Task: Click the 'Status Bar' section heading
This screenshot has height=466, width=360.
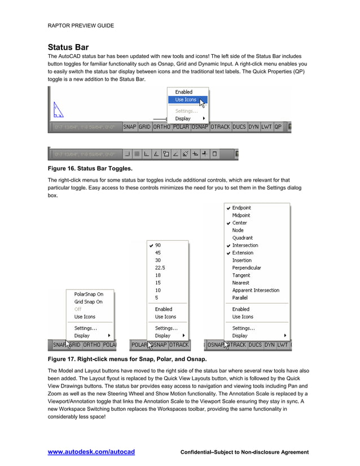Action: coord(68,47)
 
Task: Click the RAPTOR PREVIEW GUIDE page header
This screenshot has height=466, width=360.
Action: coord(81,25)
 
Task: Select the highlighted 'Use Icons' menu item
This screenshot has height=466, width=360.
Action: coord(186,100)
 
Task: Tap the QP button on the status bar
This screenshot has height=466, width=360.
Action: coord(278,127)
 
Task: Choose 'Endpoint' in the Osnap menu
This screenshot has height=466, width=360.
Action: coord(242,208)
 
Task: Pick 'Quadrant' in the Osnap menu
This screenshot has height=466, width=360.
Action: coord(243,238)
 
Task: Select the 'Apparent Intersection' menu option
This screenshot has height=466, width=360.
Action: coord(256,290)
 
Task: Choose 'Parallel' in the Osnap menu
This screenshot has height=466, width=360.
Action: coord(240,297)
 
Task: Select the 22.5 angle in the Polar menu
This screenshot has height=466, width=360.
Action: coord(160,267)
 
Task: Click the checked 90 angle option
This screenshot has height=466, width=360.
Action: coord(158,245)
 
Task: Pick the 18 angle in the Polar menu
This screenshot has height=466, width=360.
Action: coord(158,275)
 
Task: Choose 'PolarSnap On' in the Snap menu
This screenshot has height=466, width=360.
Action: coord(89,294)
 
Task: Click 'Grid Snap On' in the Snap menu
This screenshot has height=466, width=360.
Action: coord(89,302)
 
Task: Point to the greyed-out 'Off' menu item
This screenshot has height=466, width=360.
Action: coord(78,309)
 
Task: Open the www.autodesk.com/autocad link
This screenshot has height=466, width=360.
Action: coord(91,452)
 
